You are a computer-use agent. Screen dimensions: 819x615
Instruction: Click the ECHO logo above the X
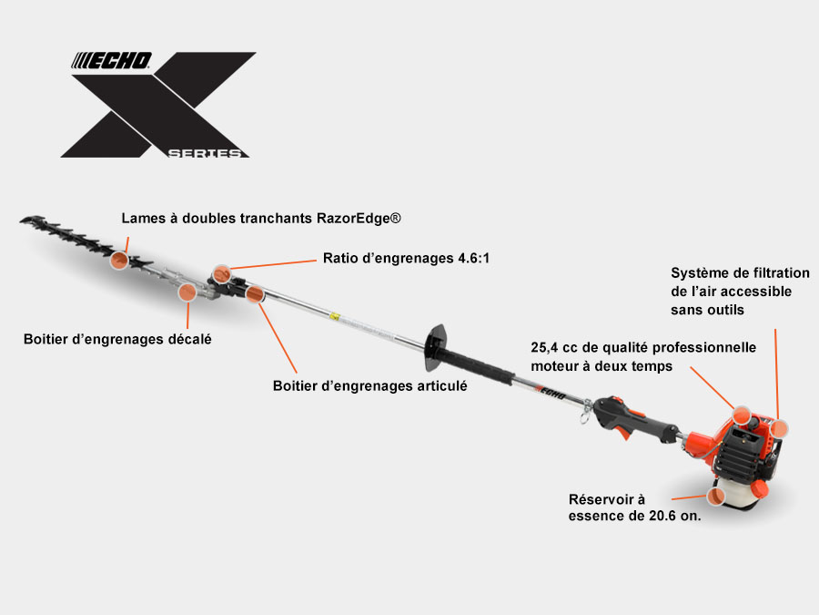click(111, 61)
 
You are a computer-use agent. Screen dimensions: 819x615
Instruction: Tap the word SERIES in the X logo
click(206, 153)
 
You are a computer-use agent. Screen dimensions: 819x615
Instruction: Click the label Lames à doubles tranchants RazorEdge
click(261, 218)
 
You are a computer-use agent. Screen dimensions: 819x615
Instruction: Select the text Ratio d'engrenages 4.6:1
click(406, 258)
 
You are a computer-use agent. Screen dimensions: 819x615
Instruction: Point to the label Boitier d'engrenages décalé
click(117, 340)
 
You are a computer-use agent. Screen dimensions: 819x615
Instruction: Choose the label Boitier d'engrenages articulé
click(369, 386)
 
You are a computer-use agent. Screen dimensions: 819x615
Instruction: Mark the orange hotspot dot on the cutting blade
click(119, 260)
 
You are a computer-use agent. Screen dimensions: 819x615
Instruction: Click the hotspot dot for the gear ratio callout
click(222, 274)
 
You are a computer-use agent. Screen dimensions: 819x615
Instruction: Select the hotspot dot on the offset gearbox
click(187, 292)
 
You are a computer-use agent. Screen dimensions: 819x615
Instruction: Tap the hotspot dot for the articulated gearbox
click(255, 294)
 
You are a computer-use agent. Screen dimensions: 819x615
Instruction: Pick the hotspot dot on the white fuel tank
click(716, 496)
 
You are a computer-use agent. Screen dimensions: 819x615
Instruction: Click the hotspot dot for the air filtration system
click(779, 428)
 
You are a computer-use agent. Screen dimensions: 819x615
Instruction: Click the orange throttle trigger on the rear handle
click(622, 432)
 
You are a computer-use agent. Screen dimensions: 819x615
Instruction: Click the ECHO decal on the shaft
click(550, 393)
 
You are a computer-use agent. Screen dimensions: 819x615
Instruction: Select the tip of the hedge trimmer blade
click(21, 221)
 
